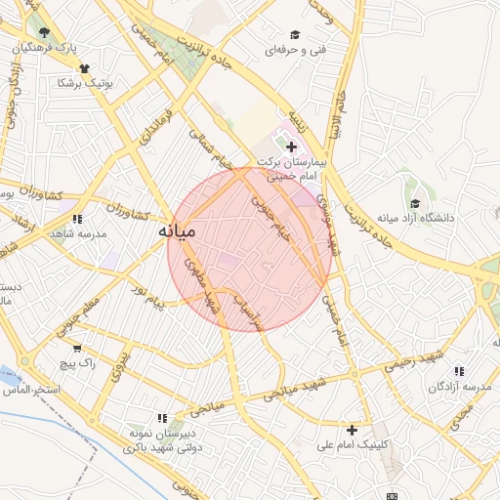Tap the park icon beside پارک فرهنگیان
(x=45, y=32)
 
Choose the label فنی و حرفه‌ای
(x=299, y=48)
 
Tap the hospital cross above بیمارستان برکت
(x=291, y=146)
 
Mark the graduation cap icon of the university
(x=416, y=203)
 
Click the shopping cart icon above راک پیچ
(x=77, y=347)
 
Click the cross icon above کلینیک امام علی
(x=352, y=429)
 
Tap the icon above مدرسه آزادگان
(x=459, y=371)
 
